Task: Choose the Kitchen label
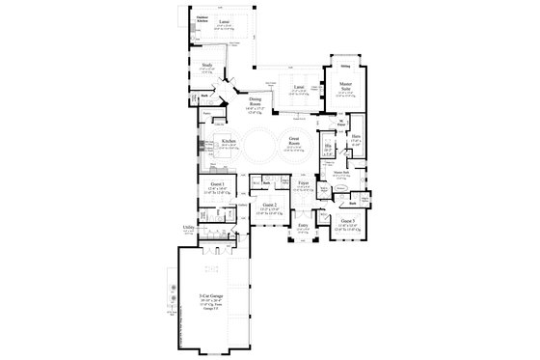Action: click(229, 141)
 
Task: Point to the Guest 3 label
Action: click(345, 222)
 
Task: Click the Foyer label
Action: click(303, 181)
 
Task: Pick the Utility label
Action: click(189, 227)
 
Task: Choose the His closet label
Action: click(329, 147)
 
